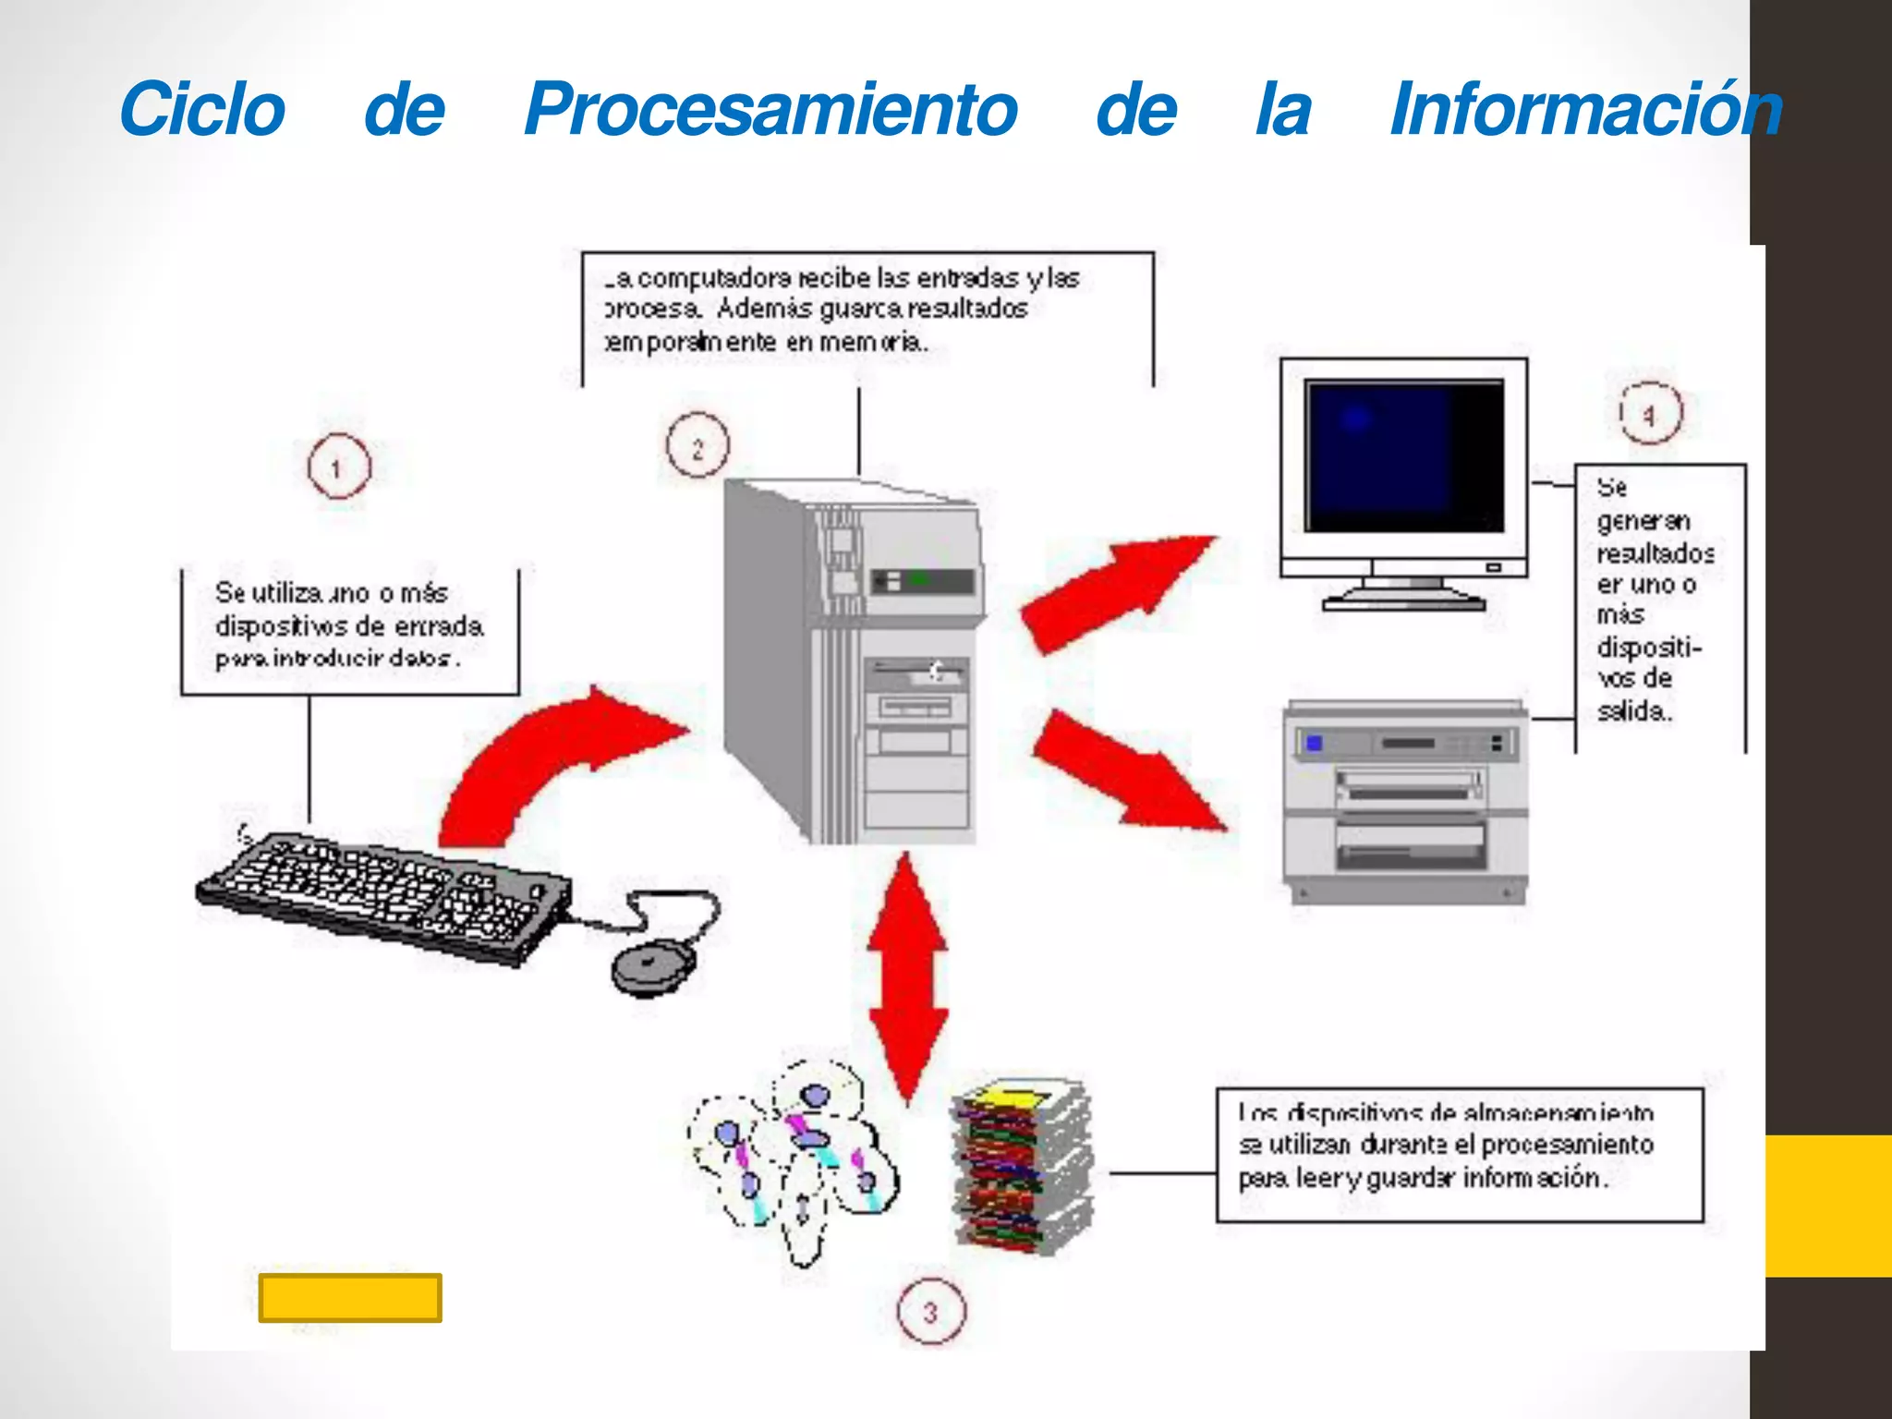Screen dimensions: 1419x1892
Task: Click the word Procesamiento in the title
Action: (x=770, y=110)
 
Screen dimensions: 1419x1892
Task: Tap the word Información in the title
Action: (x=1585, y=110)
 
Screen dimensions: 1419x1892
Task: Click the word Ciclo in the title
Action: (x=202, y=110)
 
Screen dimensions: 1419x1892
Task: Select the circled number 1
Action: (x=338, y=467)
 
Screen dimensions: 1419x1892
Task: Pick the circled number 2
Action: (x=697, y=446)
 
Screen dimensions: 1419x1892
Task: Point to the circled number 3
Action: (x=930, y=1311)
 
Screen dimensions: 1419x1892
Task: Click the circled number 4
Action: (x=1650, y=413)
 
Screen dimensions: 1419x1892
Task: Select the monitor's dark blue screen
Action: (x=1402, y=455)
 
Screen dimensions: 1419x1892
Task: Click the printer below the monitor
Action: (x=1404, y=800)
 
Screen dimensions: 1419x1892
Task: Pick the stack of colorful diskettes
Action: (x=1022, y=1168)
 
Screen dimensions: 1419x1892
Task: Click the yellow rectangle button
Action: (x=350, y=1298)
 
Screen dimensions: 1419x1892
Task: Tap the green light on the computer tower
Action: (x=918, y=579)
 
